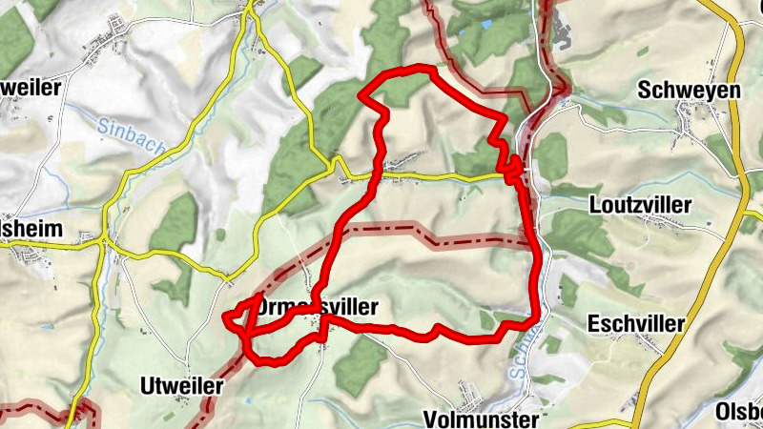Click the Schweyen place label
(675, 90)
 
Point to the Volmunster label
(483, 418)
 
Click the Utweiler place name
(180, 386)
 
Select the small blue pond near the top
(487, 23)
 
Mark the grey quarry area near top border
(561, 35)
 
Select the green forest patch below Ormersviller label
(361, 363)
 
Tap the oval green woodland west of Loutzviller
(551, 157)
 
